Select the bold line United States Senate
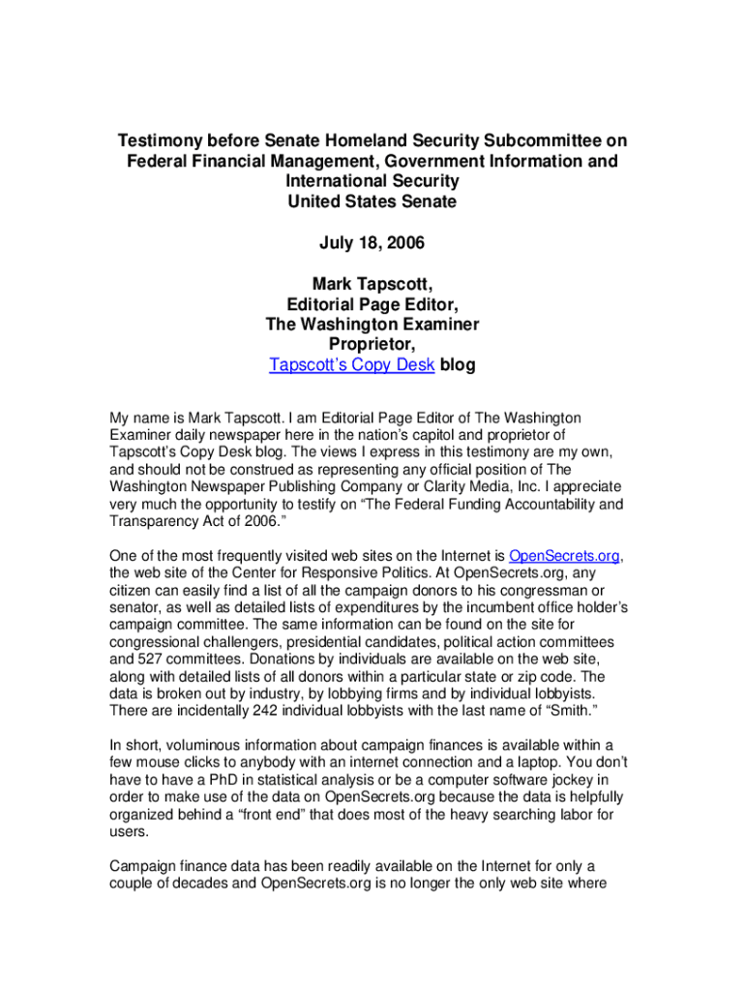click(x=372, y=201)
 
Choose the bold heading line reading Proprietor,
click(x=372, y=345)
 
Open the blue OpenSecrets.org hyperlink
click(x=565, y=556)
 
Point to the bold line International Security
click(x=372, y=181)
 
